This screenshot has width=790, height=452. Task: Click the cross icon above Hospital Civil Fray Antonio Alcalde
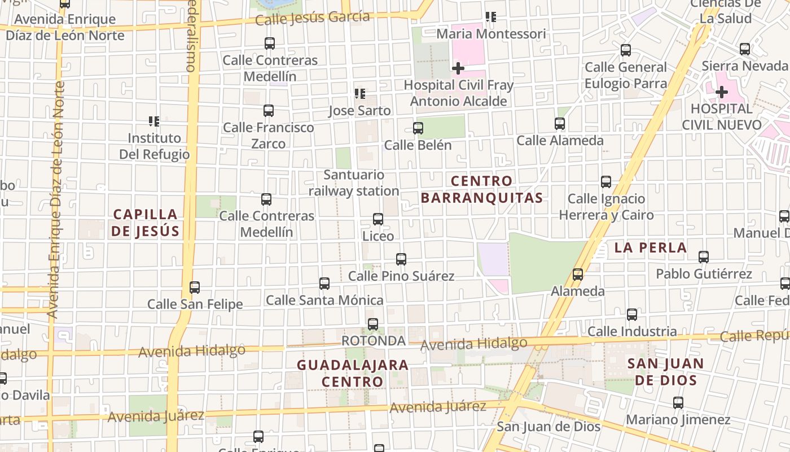point(458,68)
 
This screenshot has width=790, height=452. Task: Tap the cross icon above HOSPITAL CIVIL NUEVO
point(722,92)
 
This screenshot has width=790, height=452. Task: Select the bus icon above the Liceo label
point(378,219)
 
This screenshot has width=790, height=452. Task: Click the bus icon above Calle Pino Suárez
point(401,259)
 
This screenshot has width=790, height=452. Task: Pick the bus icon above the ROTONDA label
point(373,324)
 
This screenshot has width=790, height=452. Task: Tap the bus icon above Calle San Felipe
point(195,288)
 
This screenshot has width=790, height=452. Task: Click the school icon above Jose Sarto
point(359,94)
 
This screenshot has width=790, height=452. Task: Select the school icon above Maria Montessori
point(491,17)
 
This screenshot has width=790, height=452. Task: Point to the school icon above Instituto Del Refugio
point(154,121)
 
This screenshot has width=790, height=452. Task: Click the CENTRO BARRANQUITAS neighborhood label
point(482,189)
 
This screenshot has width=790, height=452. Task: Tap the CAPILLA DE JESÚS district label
point(146,223)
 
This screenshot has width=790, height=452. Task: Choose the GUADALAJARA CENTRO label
point(353,373)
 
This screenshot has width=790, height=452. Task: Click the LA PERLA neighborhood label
point(651,247)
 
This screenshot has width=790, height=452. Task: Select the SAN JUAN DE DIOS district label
point(666,372)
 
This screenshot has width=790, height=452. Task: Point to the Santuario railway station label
point(354,183)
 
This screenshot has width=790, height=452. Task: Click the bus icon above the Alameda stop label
point(578,275)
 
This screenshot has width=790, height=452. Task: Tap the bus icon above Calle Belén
point(418,128)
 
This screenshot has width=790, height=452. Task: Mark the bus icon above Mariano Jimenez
point(678,403)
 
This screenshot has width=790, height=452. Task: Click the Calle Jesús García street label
point(312,18)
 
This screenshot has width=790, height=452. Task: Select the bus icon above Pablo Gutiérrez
point(704,257)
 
